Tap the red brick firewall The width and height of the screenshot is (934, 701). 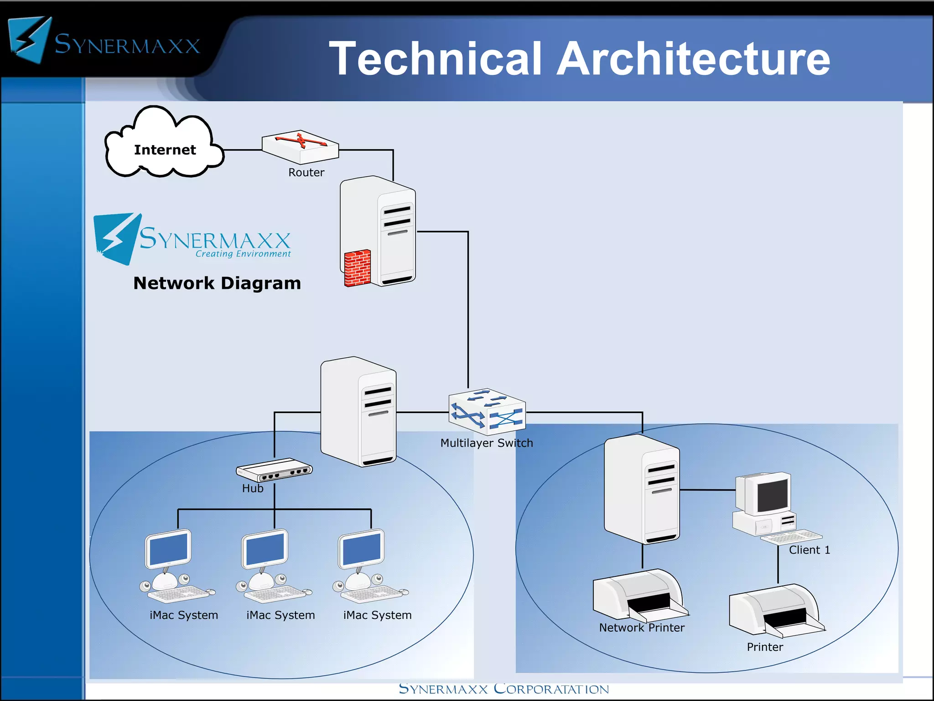click(357, 268)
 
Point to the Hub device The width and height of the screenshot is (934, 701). click(274, 470)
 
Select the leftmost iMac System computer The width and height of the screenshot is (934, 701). click(176, 566)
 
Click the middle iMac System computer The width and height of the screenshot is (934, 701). click(272, 566)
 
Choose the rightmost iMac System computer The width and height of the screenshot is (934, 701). click(369, 566)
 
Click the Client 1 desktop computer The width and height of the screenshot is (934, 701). click(771, 507)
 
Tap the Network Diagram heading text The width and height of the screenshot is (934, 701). click(217, 283)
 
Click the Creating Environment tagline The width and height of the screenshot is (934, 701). click(243, 254)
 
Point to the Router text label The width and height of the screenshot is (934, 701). click(306, 173)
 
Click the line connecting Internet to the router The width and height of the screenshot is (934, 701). click(243, 150)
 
